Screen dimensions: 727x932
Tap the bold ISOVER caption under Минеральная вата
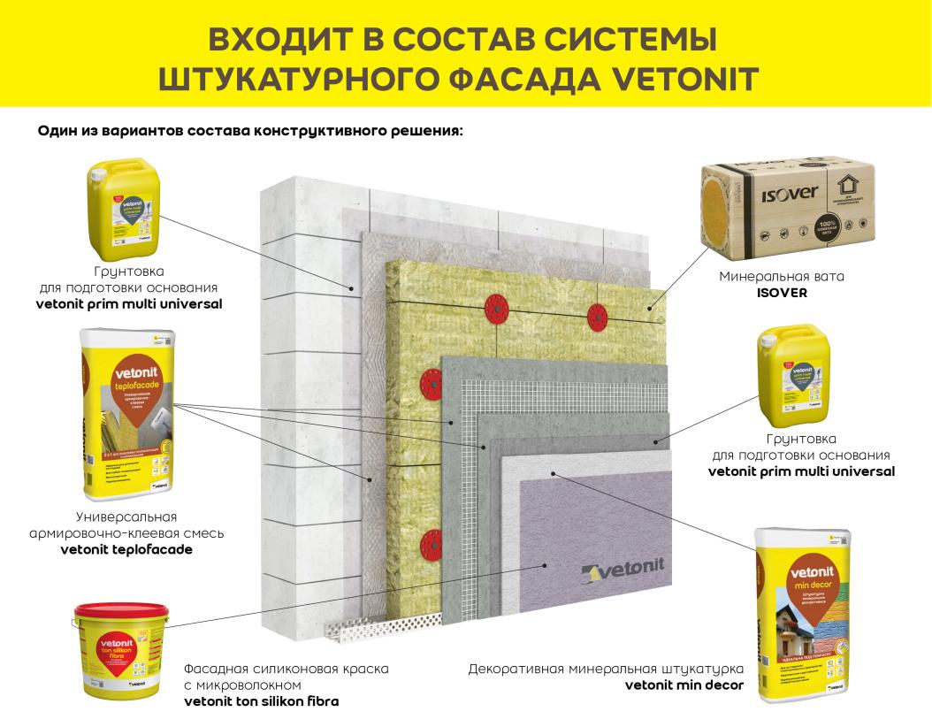click(x=782, y=293)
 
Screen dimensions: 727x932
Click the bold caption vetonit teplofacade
click(x=126, y=549)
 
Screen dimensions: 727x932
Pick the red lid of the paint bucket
click(x=114, y=610)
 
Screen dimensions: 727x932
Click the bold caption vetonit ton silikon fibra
click(x=261, y=701)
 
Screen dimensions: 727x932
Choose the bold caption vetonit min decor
click(x=684, y=685)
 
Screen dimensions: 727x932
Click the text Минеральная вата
click(x=782, y=277)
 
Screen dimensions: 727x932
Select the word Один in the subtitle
click(x=57, y=130)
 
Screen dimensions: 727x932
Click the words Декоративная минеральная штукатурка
click(x=606, y=669)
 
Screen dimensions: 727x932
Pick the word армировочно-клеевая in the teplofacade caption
click(x=126, y=533)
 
